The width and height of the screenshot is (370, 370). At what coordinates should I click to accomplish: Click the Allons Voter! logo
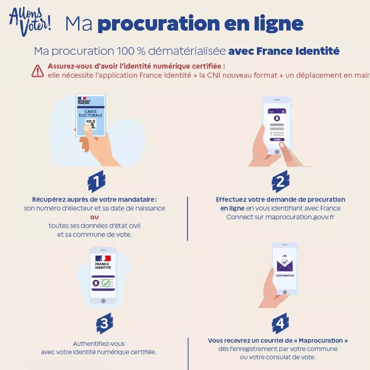(x=30, y=22)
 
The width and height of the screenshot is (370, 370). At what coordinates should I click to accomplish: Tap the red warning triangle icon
(x=37, y=71)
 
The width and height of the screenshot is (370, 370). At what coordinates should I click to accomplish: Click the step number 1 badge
(x=97, y=181)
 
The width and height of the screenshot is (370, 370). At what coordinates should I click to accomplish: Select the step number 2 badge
(x=280, y=181)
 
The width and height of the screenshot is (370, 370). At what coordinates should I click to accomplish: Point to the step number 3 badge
(x=105, y=323)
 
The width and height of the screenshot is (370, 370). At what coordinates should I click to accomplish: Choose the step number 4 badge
(x=280, y=323)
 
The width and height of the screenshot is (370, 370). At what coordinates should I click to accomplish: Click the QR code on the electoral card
(x=91, y=124)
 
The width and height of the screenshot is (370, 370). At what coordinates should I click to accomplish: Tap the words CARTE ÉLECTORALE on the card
(x=91, y=113)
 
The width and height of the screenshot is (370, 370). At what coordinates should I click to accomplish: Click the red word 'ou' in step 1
(x=94, y=217)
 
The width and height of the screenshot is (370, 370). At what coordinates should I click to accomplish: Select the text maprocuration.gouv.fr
(x=300, y=217)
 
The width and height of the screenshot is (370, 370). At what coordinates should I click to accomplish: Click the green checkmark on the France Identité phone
(x=106, y=283)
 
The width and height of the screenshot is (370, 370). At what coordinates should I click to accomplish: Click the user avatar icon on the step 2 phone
(x=277, y=118)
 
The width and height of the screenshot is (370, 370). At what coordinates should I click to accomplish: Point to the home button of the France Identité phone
(x=103, y=301)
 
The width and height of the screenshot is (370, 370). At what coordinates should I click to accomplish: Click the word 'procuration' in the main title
(x=159, y=24)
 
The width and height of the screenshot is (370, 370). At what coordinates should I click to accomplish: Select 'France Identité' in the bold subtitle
(x=298, y=51)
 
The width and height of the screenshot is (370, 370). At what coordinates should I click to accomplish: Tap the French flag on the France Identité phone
(x=103, y=258)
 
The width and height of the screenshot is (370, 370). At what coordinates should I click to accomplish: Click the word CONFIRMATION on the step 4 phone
(x=285, y=276)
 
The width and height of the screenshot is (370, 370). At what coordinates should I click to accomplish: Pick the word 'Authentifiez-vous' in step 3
(x=99, y=344)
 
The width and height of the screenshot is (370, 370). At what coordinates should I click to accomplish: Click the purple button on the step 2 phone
(x=277, y=140)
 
